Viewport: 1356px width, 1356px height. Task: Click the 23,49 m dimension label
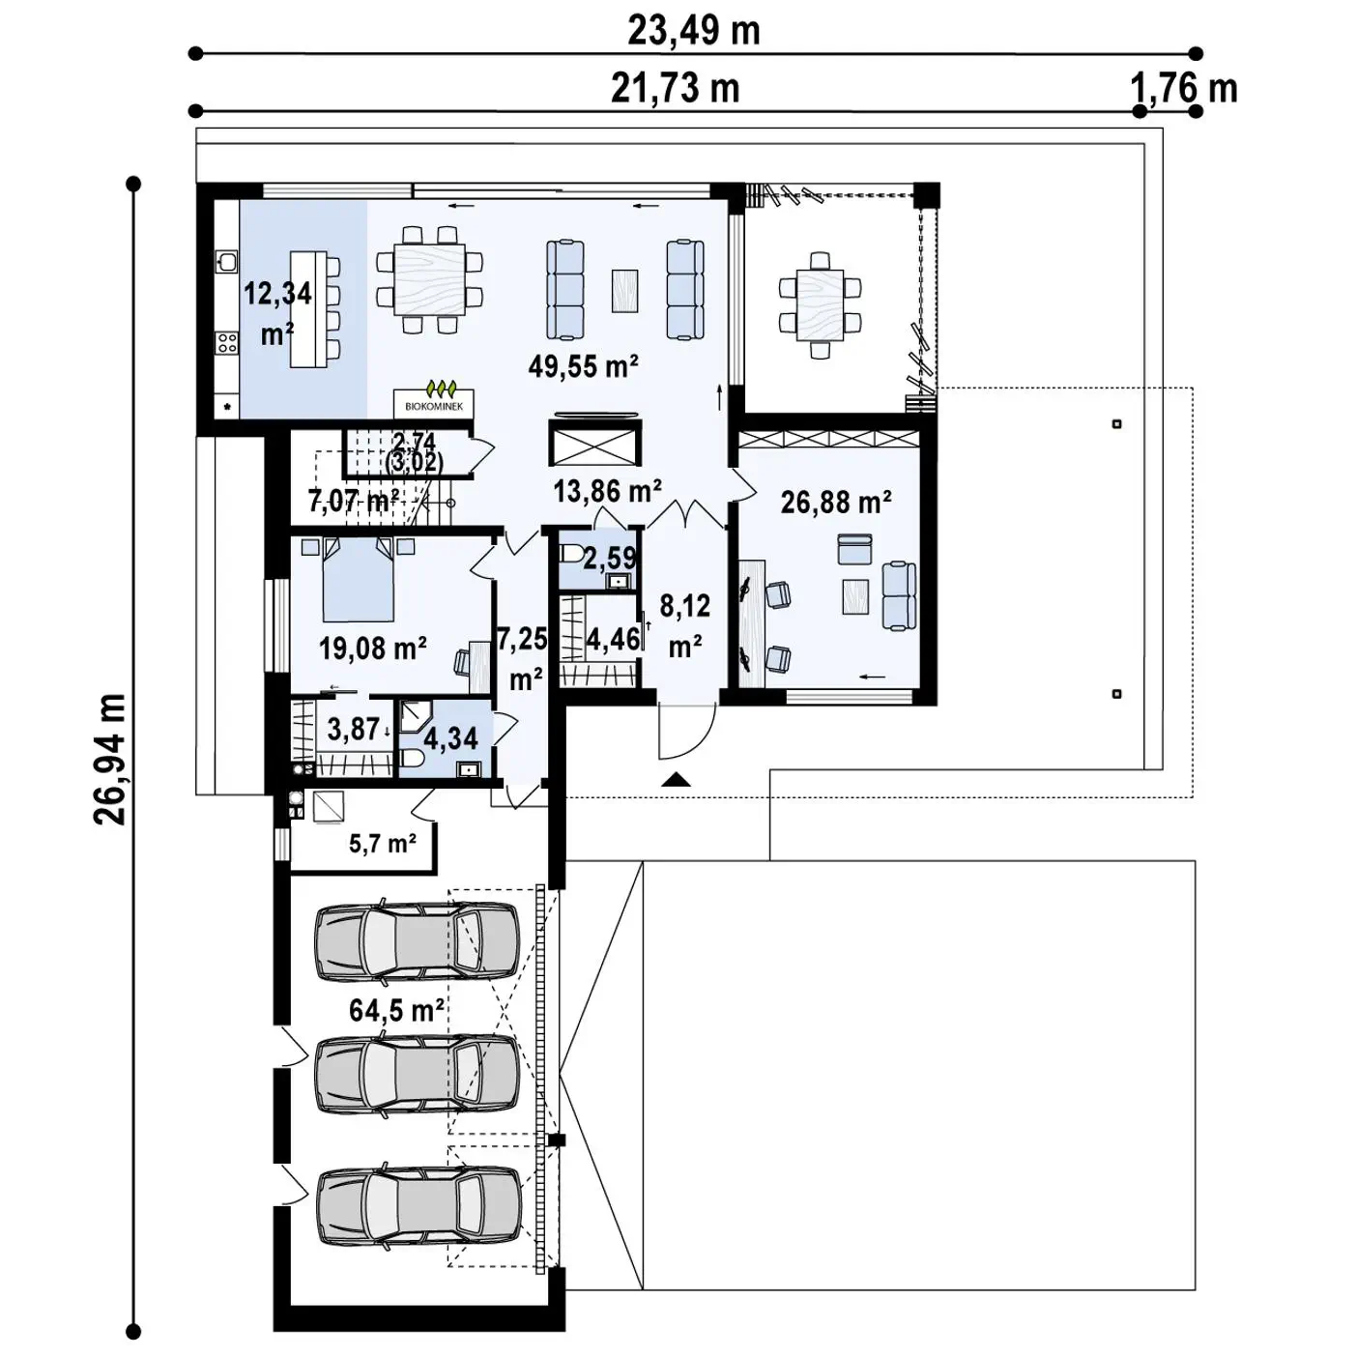(x=693, y=32)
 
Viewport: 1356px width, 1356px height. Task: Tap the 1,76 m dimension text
(x=1184, y=89)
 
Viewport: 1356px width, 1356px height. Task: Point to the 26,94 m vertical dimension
(x=110, y=760)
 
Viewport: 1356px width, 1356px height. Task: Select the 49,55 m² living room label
(x=584, y=366)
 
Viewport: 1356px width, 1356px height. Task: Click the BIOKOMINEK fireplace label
(x=433, y=407)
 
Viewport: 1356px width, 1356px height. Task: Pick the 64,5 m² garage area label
(x=396, y=1011)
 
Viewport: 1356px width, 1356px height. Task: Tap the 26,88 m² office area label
(x=837, y=503)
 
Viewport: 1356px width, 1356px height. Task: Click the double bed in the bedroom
(x=359, y=578)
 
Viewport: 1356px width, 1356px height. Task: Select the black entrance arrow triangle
(x=677, y=779)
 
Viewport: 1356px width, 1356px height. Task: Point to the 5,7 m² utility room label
(x=383, y=843)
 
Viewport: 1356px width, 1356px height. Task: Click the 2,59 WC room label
(x=610, y=558)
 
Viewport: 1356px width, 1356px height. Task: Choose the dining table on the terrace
(x=820, y=306)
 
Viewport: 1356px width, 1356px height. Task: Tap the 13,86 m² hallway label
(x=607, y=491)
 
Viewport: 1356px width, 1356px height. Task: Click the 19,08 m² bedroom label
(x=373, y=649)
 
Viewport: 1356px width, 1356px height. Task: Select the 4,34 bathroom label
(x=451, y=738)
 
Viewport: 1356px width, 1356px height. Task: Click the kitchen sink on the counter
(x=226, y=262)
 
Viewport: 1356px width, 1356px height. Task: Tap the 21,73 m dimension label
(x=675, y=89)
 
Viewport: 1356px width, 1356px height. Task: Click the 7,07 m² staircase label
(x=354, y=501)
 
